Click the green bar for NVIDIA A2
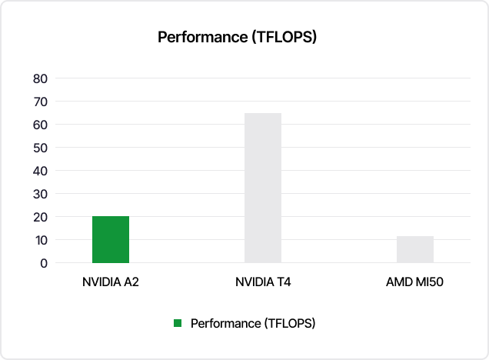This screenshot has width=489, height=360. pyautogui.click(x=111, y=239)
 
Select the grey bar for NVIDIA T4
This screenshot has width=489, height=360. pyautogui.click(x=263, y=188)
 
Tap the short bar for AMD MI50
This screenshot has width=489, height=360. pyautogui.click(x=415, y=249)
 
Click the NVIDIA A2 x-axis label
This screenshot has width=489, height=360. pyautogui.click(x=111, y=282)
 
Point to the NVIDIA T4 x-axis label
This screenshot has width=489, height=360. pyautogui.click(x=263, y=282)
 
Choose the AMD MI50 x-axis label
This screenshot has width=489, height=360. pyautogui.click(x=415, y=282)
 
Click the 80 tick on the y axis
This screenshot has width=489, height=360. pyautogui.click(x=41, y=78)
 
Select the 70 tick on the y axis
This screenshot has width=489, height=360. pyautogui.click(x=41, y=102)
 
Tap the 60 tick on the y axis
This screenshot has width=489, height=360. pyautogui.click(x=41, y=125)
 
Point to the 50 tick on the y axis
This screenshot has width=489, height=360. pyautogui.click(x=41, y=148)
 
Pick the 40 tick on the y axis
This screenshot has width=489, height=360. pyautogui.click(x=41, y=171)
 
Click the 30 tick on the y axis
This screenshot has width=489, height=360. pyautogui.click(x=41, y=194)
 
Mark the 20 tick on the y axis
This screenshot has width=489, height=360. pyautogui.click(x=41, y=217)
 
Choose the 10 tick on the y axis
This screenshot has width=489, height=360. pyautogui.click(x=41, y=240)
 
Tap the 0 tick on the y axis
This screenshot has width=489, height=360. pyautogui.click(x=44, y=263)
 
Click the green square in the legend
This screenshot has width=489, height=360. pyautogui.click(x=178, y=323)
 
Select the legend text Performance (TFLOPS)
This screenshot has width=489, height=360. pyautogui.click(x=253, y=323)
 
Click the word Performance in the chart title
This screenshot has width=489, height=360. pyautogui.click(x=202, y=37)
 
